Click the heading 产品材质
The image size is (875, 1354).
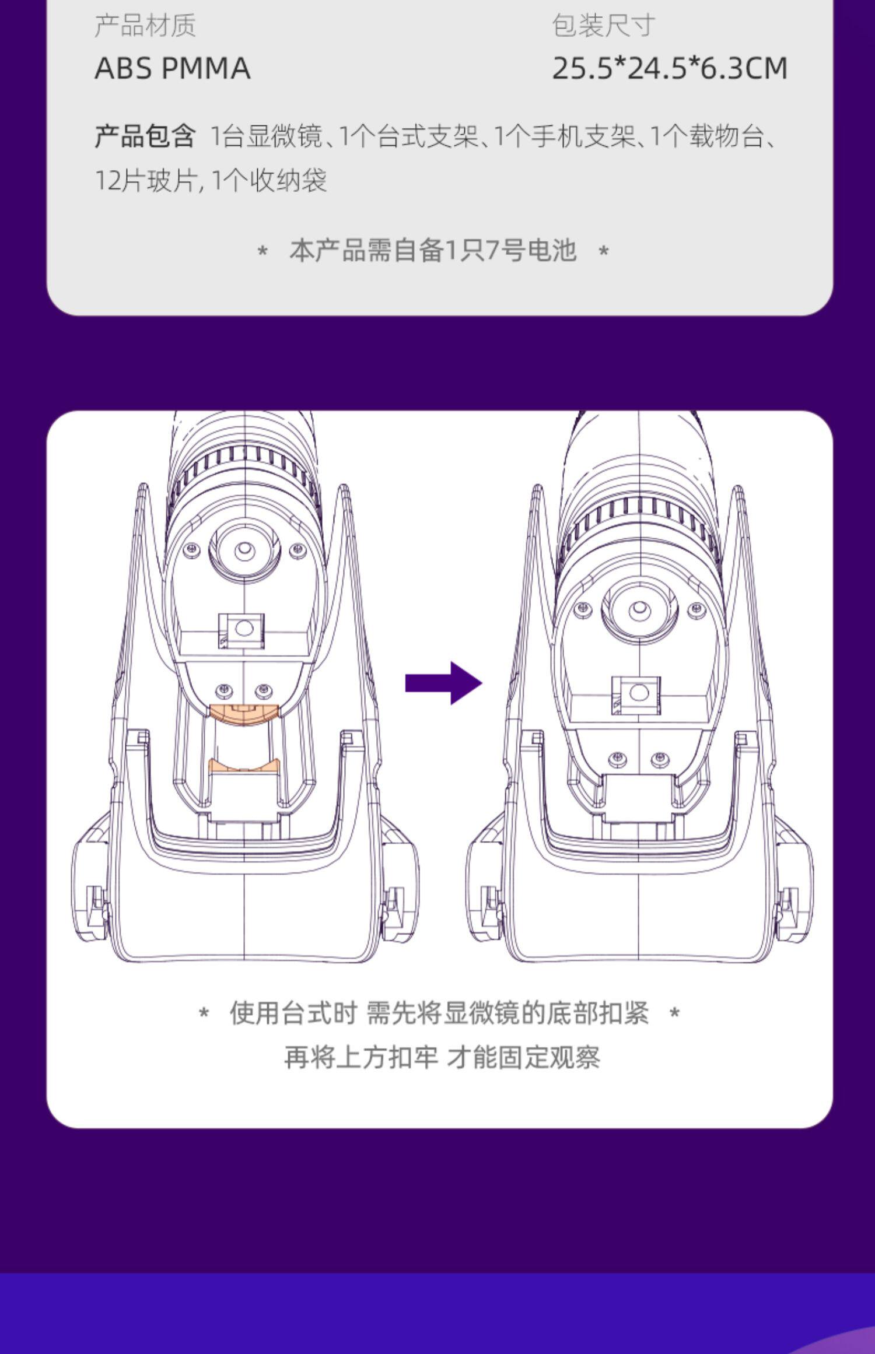(145, 26)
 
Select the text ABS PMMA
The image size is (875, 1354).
(173, 69)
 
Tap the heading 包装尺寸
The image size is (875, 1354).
(603, 26)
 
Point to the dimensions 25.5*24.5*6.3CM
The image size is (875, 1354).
(670, 69)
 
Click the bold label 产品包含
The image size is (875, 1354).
(145, 136)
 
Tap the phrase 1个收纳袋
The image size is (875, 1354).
(268, 181)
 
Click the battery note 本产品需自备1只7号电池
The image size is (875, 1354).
(433, 251)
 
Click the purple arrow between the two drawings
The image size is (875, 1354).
(443, 683)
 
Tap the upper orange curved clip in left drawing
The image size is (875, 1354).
(244, 714)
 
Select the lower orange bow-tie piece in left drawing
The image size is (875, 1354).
(244, 764)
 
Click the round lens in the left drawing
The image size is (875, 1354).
(244, 550)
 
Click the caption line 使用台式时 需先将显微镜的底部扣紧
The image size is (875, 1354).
(439, 1013)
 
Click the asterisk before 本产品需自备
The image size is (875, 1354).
(262, 252)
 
